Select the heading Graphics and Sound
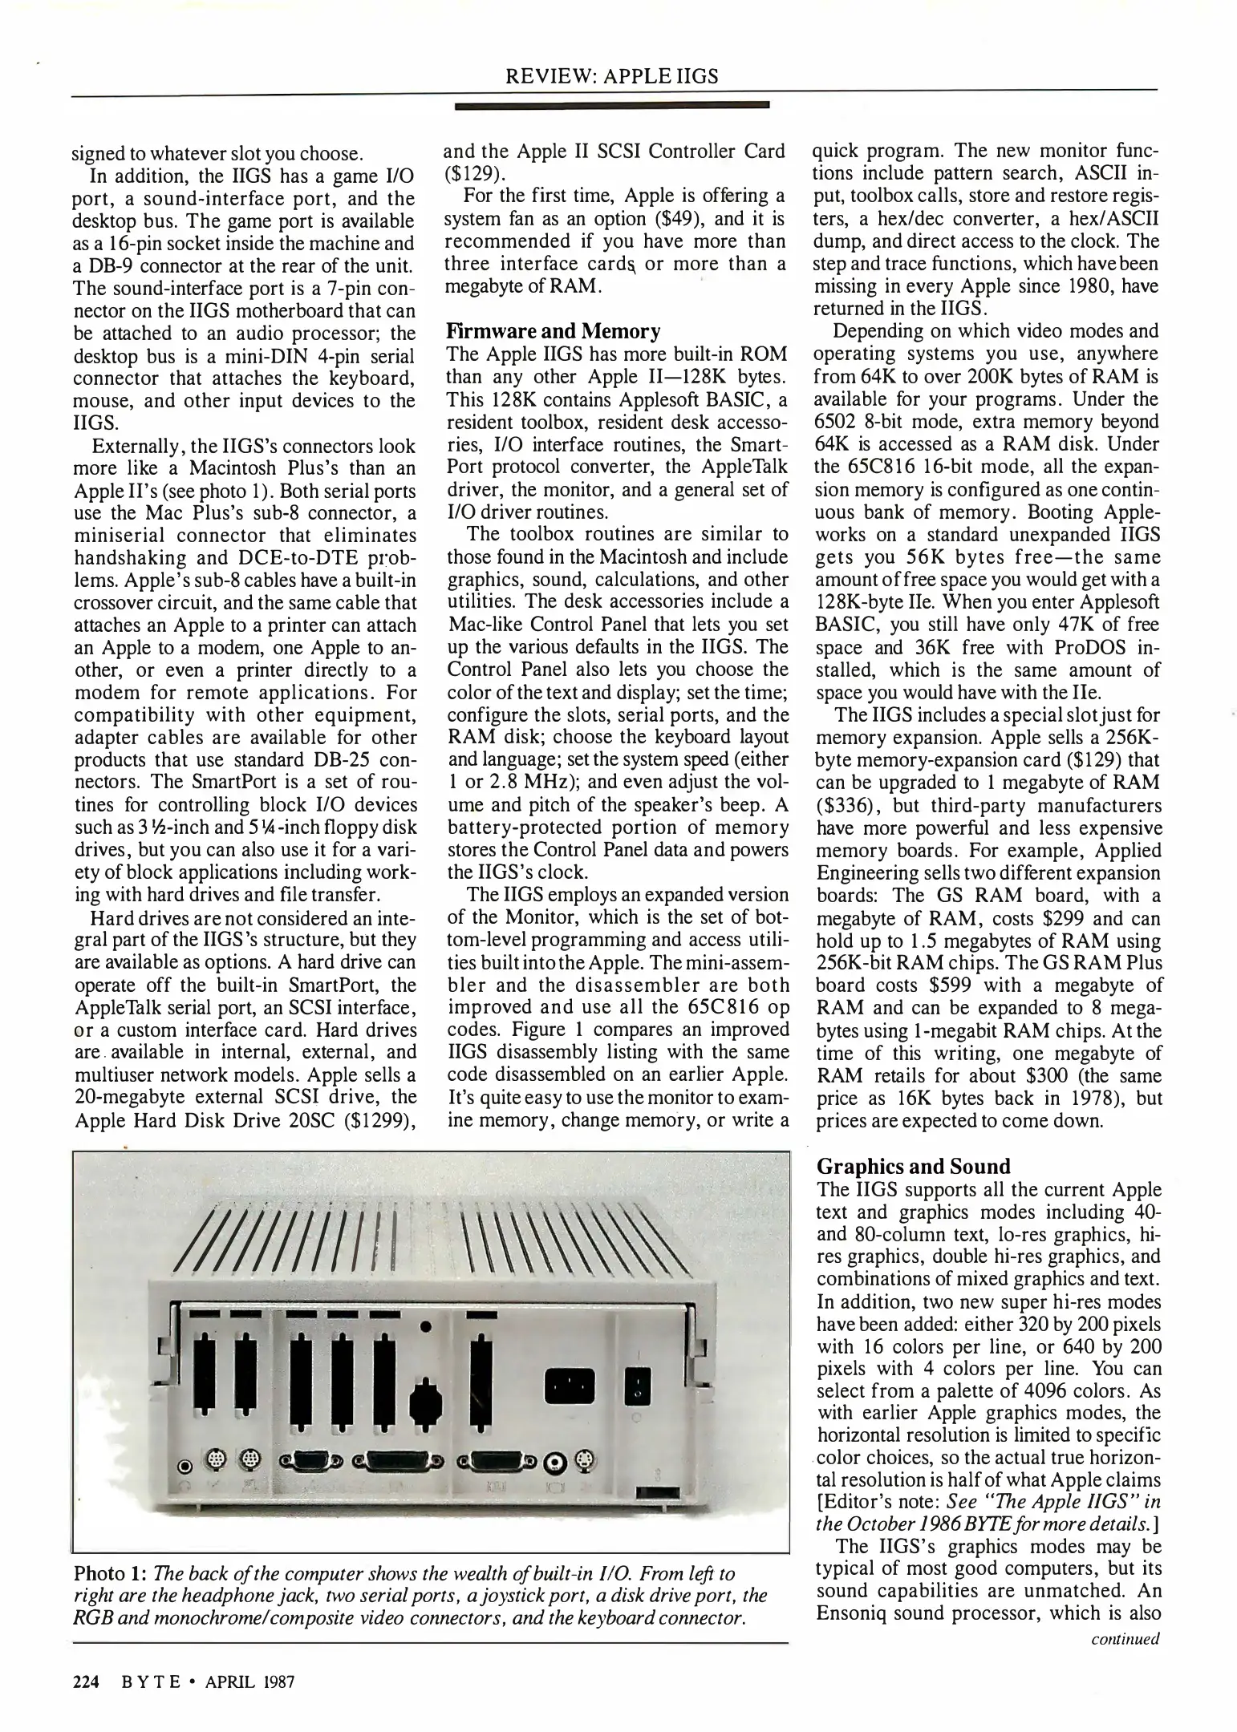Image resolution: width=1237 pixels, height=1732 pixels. coord(913,1167)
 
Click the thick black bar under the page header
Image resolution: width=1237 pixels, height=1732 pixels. coord(612,104)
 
